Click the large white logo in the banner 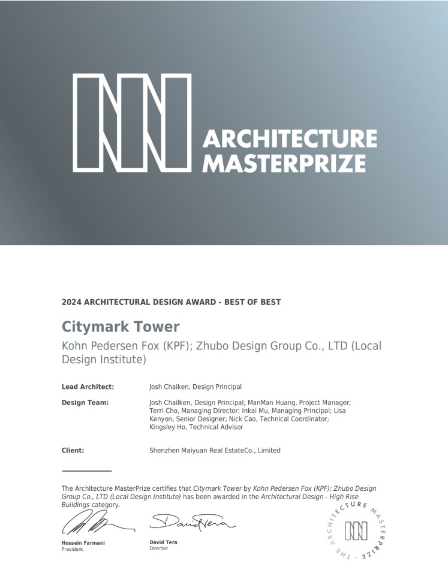[x=132, y=122]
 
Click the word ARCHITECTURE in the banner [x=290, y=139]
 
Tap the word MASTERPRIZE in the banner [x=284, y=163]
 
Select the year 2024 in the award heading [x=71, y=302]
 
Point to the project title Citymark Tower [x=121, y=327]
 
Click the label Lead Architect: [x=88, y=387]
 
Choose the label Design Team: [x=85, y=403]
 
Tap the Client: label [x=73, y=450]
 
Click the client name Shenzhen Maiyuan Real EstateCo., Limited [x=215, y=450]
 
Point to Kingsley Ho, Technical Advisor [x=196, y=427]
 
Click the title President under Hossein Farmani [x=73, y=549]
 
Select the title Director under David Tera [x=158, y=548]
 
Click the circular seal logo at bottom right [x=356, y=531]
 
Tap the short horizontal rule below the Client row [x=86, y=471]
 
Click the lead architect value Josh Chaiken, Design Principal [x=196, y=387]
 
